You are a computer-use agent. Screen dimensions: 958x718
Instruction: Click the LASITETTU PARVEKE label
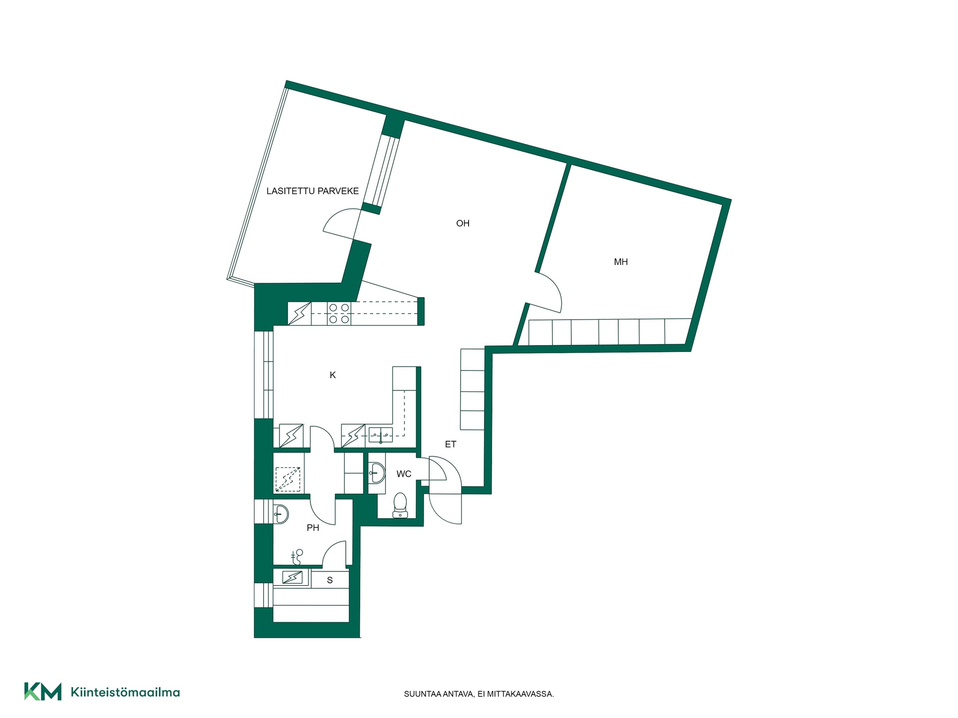312,191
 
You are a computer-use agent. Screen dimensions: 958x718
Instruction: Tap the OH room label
463,223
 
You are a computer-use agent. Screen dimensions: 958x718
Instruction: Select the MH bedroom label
621,262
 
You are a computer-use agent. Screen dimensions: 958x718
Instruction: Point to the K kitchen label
333,375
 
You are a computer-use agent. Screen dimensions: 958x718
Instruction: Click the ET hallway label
451,444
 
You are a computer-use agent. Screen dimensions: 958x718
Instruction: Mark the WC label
404,474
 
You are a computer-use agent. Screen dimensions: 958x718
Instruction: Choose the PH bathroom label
313,528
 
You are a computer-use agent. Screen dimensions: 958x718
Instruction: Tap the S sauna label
330,580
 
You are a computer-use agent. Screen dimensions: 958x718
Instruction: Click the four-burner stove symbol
339,314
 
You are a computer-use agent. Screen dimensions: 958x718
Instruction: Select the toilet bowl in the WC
400,505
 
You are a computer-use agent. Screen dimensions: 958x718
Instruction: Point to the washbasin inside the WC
377,472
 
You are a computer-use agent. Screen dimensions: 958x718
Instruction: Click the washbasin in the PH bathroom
281,514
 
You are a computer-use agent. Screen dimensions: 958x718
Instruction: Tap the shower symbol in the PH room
296,556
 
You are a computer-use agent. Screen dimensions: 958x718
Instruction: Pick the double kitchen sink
381,435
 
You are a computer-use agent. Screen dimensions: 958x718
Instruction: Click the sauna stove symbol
292,577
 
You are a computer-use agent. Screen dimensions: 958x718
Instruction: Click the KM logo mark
43,692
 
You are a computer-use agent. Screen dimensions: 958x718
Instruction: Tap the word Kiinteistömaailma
125,692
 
